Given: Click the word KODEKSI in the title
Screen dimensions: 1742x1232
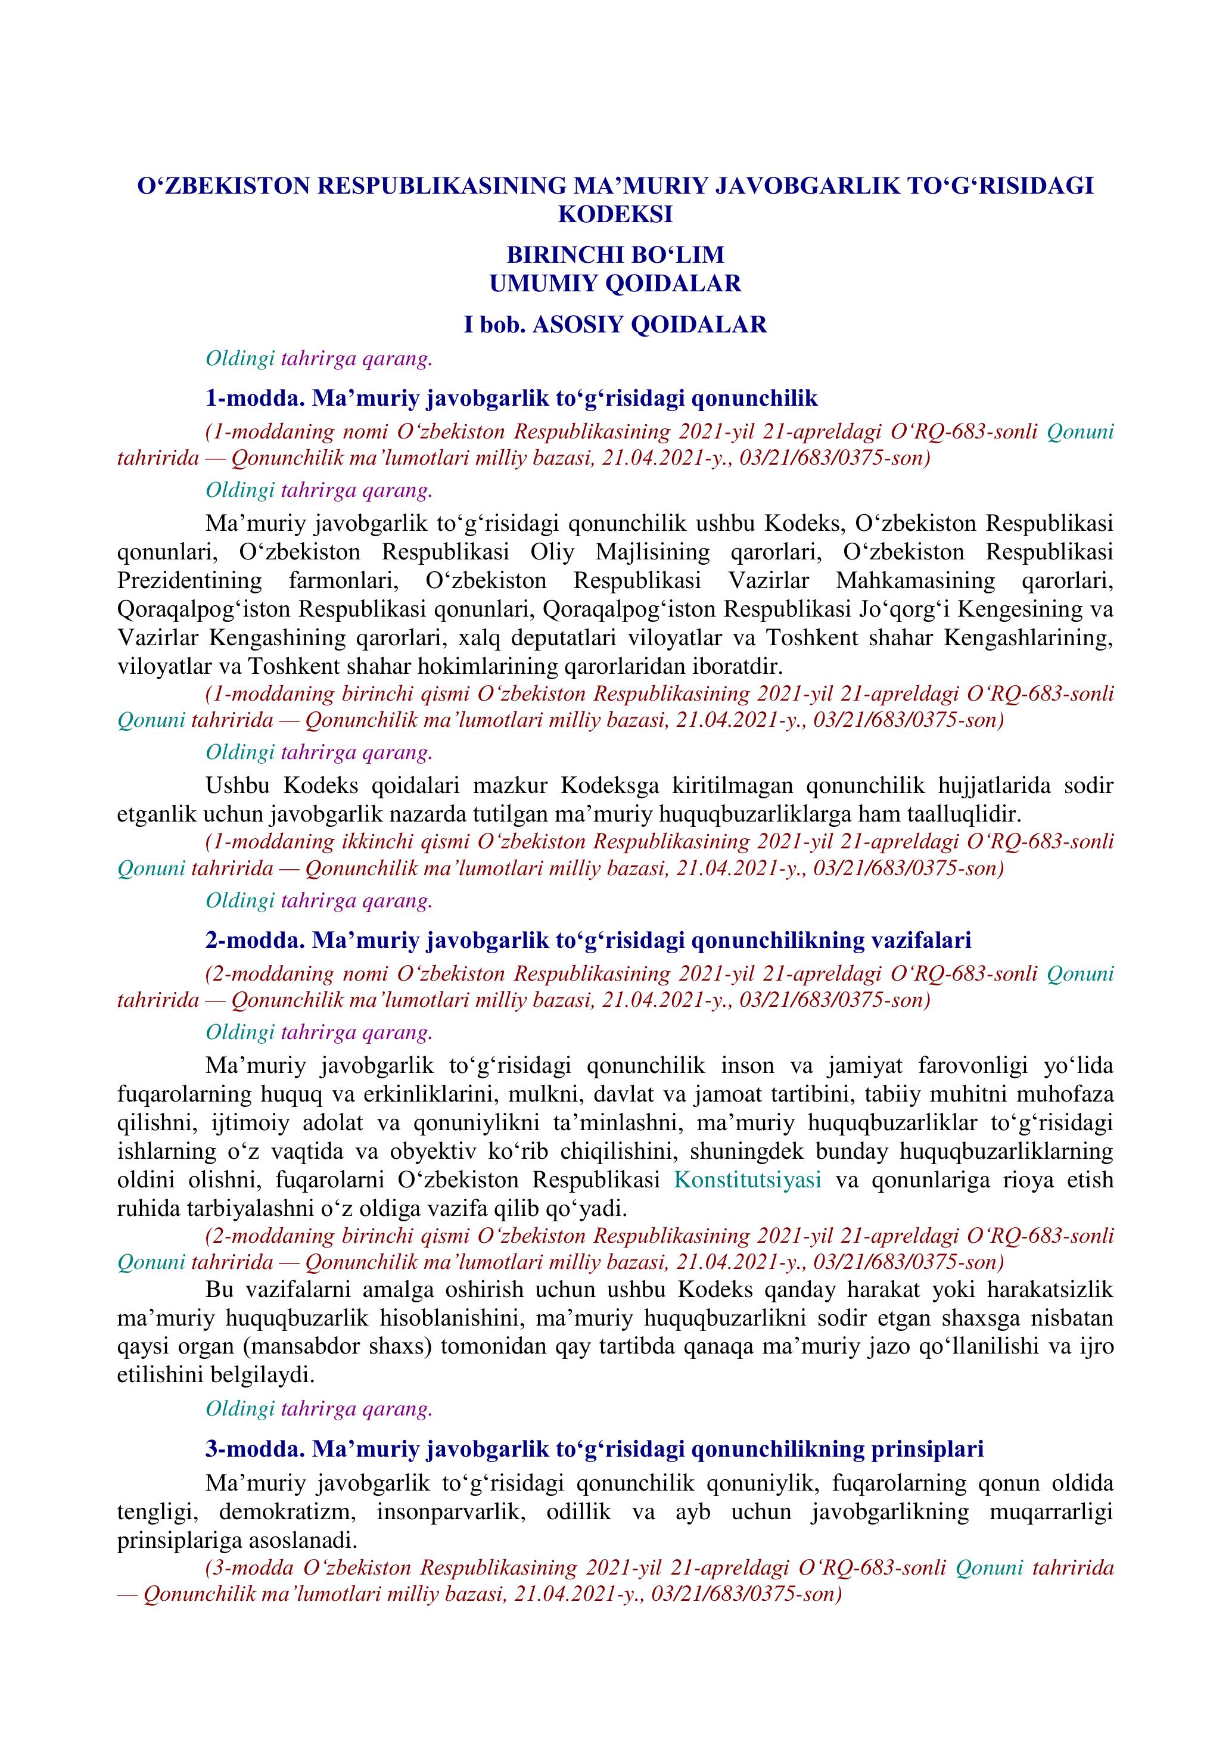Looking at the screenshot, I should (615, 214).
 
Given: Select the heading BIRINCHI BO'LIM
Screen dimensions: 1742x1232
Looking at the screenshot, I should (615, 254).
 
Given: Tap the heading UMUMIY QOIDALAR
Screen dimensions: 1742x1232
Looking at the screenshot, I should (615, 283).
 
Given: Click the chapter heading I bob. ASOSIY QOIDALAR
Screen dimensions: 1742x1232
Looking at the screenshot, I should (615, 325).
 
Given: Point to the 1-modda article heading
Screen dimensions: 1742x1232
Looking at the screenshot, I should (511, 399).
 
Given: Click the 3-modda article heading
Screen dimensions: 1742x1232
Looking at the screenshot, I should (594, 1448).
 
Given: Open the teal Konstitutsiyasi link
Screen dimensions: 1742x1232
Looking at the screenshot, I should (748, 1180).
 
